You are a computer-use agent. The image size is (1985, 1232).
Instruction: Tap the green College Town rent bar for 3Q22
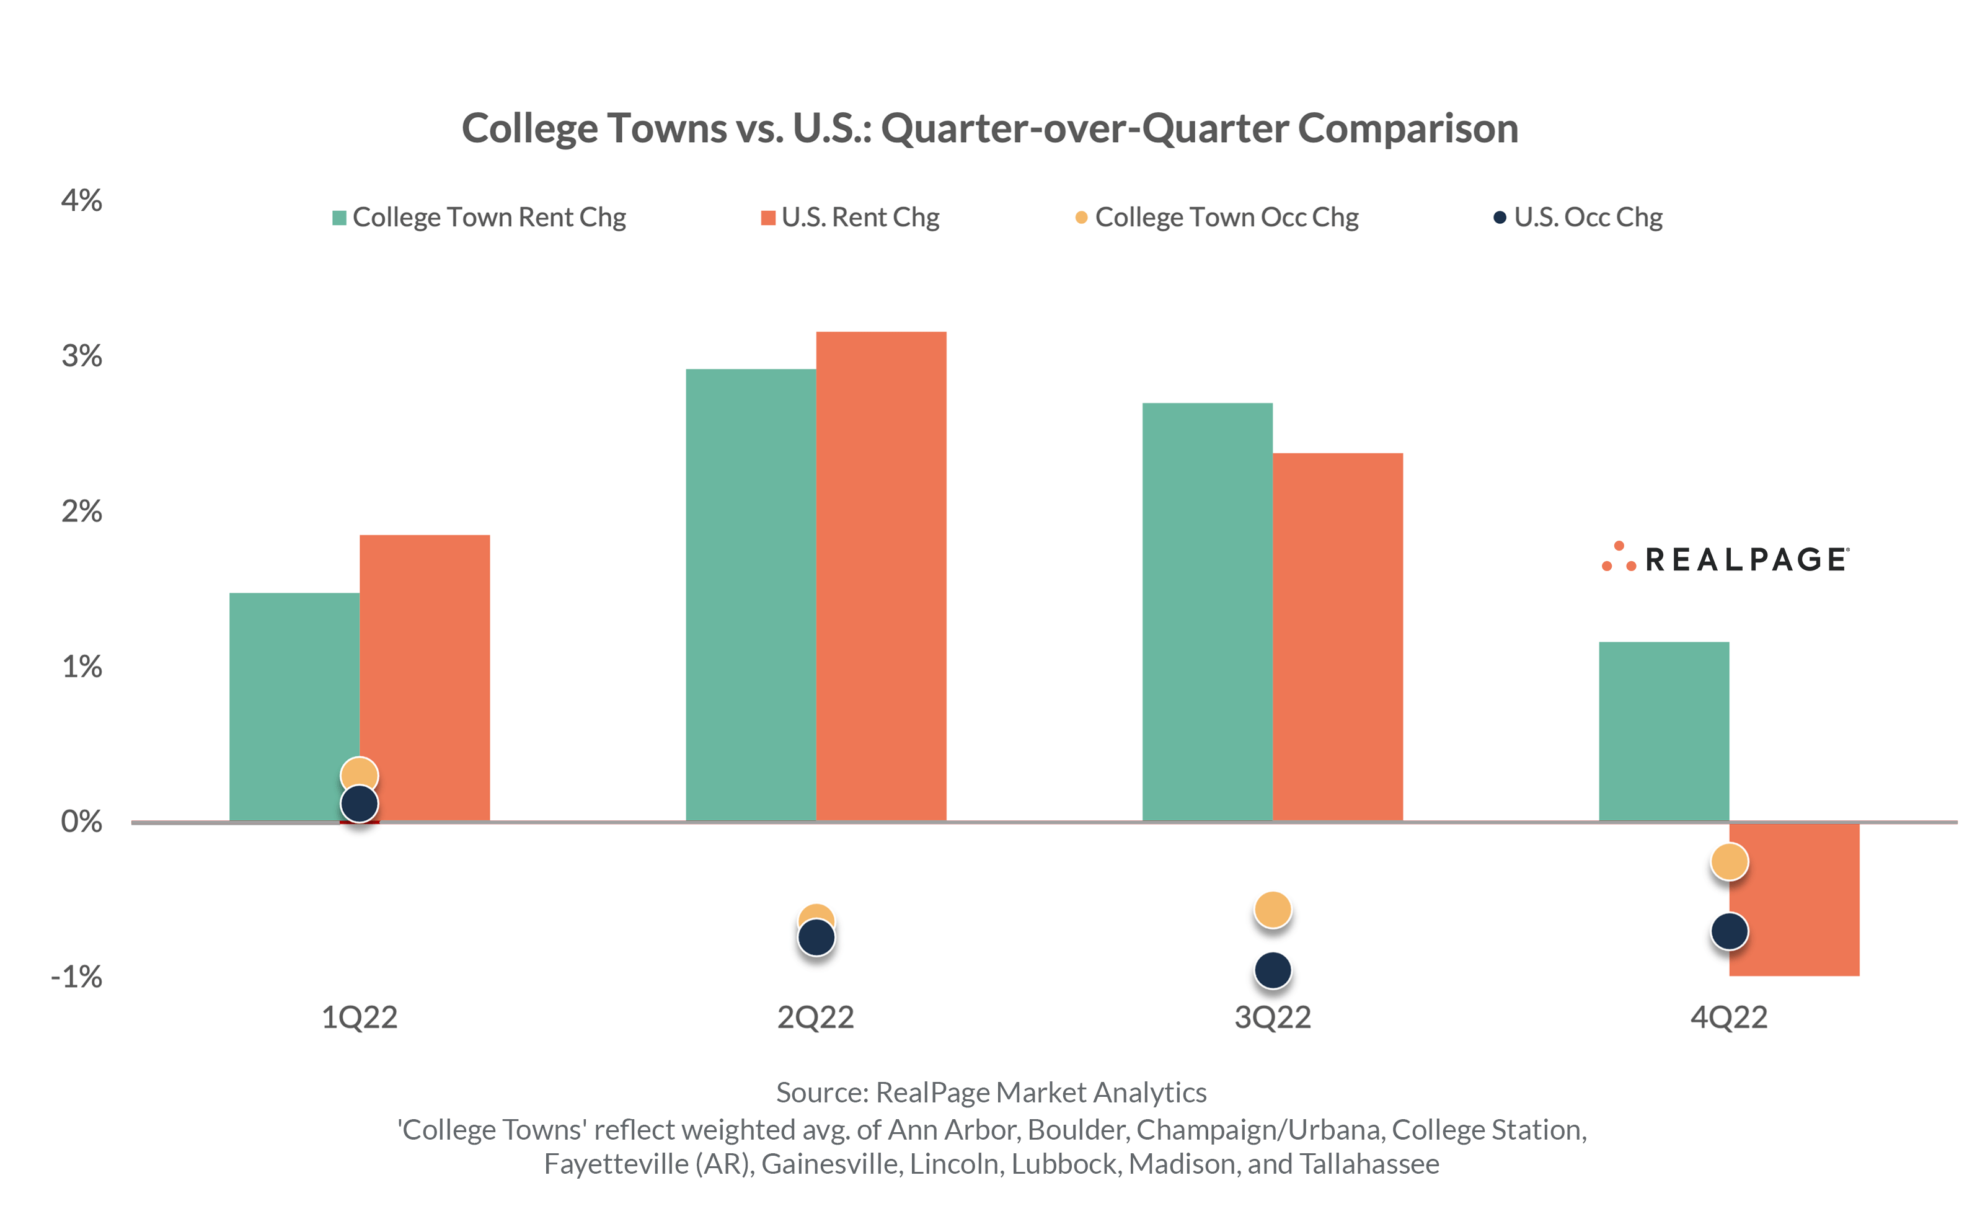point(1206,611)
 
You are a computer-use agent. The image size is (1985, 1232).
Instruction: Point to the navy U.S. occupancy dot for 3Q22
point(1272,970)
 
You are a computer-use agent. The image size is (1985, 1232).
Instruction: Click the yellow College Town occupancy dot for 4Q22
point(1728,861)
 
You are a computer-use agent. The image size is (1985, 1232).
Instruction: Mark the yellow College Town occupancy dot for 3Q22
point(1272,910)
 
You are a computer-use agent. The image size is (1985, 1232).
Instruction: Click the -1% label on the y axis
point(77,976)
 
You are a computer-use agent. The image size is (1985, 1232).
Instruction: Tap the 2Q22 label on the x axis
point(815,1017)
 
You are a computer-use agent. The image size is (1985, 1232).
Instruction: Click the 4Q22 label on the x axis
point(1728,1017)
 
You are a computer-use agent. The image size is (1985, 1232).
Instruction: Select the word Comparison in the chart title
point(1407,129)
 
